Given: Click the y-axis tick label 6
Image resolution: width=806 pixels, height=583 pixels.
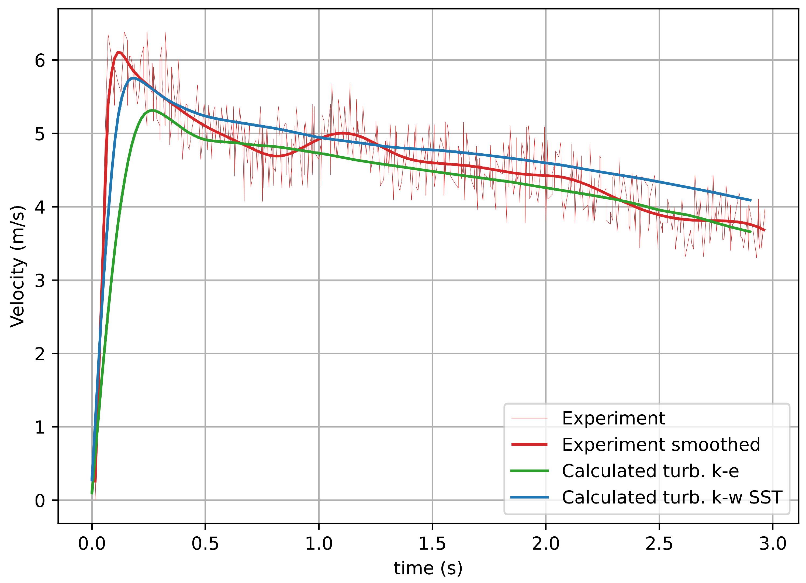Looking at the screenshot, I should tap(40, 60).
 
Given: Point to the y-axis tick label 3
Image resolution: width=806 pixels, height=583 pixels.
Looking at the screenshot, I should tap(40, 281).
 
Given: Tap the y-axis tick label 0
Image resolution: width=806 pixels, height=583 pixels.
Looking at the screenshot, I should tap(40, 501).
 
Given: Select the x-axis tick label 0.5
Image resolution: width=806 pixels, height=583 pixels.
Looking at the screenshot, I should tap(205, 544).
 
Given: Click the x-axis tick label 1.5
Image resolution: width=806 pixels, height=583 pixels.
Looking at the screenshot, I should tap(432, 544).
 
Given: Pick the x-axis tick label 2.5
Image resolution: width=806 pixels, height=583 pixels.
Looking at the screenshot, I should tap(659, 544).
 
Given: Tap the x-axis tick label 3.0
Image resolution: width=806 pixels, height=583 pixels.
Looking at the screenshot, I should tap(773, 544).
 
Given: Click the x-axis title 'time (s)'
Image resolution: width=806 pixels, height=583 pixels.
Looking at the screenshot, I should tap(428, 568).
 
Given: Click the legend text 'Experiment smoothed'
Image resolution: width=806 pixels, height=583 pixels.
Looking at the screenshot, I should tap(661, 445).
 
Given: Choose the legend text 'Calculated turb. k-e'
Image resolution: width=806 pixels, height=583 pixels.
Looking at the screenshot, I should tap(650, 471).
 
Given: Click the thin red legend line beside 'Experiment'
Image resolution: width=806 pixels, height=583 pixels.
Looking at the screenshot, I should tap(529, 418).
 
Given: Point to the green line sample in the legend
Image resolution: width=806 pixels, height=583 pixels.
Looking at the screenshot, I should tap(529, 471).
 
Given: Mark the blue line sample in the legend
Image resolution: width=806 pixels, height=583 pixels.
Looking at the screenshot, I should tap(529, 497).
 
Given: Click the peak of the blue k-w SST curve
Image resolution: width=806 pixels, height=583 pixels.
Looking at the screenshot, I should tap(133, 78).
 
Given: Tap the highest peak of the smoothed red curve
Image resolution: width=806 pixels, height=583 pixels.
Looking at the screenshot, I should tap(119, 53).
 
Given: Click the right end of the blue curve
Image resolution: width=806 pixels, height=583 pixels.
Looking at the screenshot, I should tap(750, 201).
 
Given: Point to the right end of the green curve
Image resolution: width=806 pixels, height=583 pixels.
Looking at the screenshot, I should tap(750, 232).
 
